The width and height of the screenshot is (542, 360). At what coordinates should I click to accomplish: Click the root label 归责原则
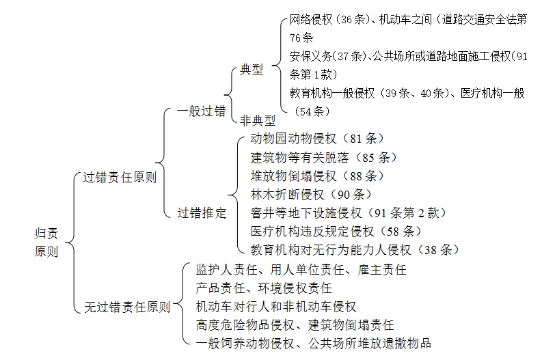coord(46,243)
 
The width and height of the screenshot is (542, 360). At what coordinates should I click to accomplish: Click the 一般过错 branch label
coord(201,111)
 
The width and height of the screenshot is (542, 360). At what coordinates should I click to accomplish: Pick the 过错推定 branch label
coord(202,213)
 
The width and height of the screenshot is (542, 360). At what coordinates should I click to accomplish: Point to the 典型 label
coord(252,70)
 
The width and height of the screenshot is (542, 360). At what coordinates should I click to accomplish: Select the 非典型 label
coord(258,121)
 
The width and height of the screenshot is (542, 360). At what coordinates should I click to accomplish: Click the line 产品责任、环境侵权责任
coord(264,288)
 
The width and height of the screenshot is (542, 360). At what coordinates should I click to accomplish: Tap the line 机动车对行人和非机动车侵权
coord(276,307)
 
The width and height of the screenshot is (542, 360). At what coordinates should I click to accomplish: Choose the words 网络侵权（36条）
coord(329,19)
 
